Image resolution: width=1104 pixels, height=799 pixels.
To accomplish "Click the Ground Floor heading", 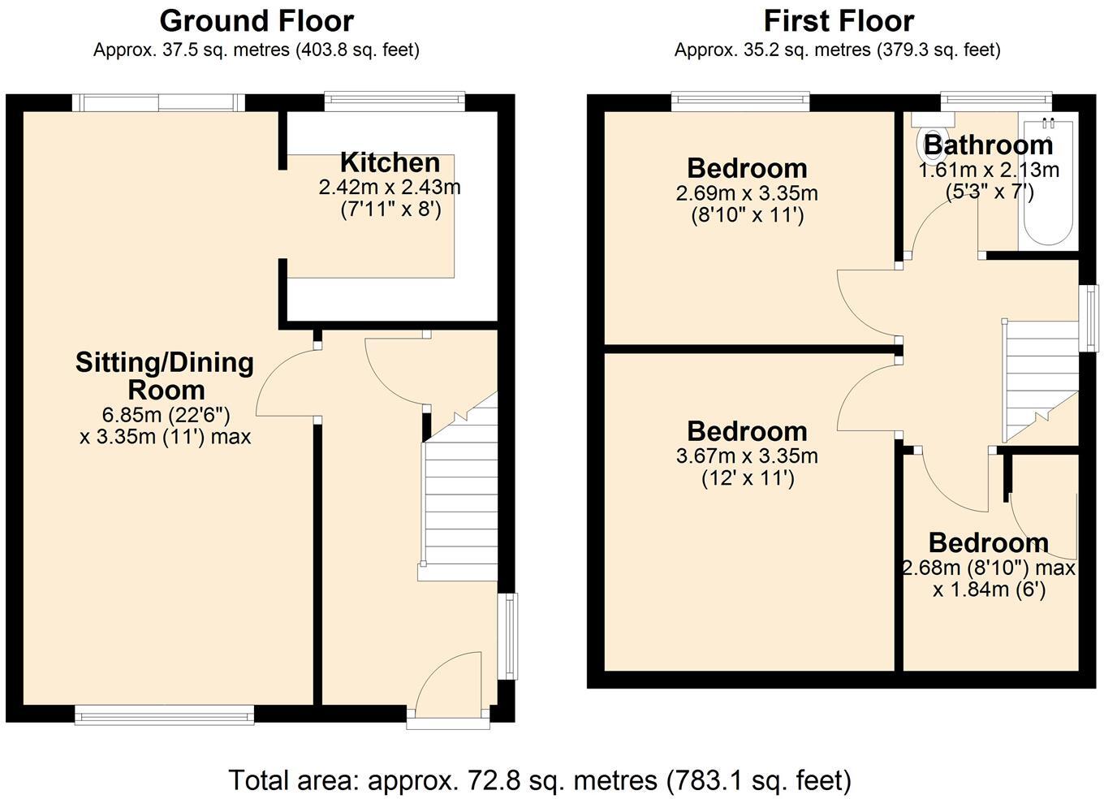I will [x=256, y=20].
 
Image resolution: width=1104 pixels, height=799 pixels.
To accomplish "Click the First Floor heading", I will [x=839, y=20].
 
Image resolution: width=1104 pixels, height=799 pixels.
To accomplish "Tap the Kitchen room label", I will [x=390, y=162].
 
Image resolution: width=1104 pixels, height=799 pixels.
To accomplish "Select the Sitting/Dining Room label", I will [x=165, y=375].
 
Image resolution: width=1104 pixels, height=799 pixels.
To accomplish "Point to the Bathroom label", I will [x=989, y=145].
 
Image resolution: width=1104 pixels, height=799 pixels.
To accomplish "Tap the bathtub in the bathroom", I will [x=1047, y=183].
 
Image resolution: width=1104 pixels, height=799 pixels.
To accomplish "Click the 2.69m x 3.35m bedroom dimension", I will [x=747, y=194].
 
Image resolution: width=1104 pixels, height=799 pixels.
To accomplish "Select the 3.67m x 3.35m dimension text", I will [x=747, y=456].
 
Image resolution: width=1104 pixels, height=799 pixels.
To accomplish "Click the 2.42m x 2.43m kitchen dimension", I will [x=390, y=188].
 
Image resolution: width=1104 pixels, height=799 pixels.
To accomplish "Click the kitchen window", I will [x=395, y=101].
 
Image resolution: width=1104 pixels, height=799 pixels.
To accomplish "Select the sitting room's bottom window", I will [x=165, y=715].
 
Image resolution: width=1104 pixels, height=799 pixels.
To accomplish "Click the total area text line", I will [x=540, y=780].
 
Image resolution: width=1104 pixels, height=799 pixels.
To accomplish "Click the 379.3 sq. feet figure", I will [x=937, y=50].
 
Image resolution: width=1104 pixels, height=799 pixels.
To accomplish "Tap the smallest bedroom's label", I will [x=988, y=542].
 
